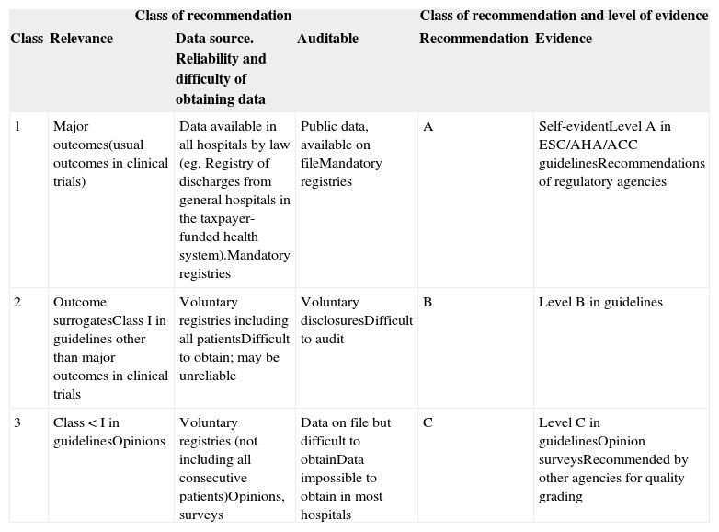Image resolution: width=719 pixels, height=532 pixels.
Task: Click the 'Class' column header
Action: point(27,39)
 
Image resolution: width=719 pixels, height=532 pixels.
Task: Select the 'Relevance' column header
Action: point(81,39)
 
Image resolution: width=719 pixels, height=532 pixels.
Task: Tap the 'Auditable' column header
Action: point(327,39)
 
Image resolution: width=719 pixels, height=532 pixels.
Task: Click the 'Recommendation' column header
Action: point(474,39)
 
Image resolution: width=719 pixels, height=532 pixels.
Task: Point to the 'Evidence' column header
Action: point(564,39)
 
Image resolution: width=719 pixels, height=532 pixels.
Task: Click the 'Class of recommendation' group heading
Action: point(213,16)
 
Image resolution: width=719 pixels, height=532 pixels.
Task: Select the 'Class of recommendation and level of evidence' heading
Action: point(564,16)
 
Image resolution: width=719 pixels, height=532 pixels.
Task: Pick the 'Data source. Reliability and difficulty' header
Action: point(222,69)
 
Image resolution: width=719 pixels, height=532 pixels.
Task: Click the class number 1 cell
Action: point(18,127)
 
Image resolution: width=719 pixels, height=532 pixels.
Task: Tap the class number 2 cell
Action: point(18,302)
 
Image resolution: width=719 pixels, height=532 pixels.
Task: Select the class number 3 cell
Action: point(18,422)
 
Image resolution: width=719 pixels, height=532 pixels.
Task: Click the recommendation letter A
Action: point(428,127)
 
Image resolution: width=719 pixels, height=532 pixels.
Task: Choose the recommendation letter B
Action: point(428,302)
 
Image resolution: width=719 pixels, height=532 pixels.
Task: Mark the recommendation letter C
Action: point(428,422)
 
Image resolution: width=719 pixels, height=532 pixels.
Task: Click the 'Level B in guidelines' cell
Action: point(600,302)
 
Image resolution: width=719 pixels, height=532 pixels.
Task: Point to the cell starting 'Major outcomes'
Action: point(110,154)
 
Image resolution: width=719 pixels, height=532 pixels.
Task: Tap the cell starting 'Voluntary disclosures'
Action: point(356,320)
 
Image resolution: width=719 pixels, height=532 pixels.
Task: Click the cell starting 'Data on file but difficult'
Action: point(345,468)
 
